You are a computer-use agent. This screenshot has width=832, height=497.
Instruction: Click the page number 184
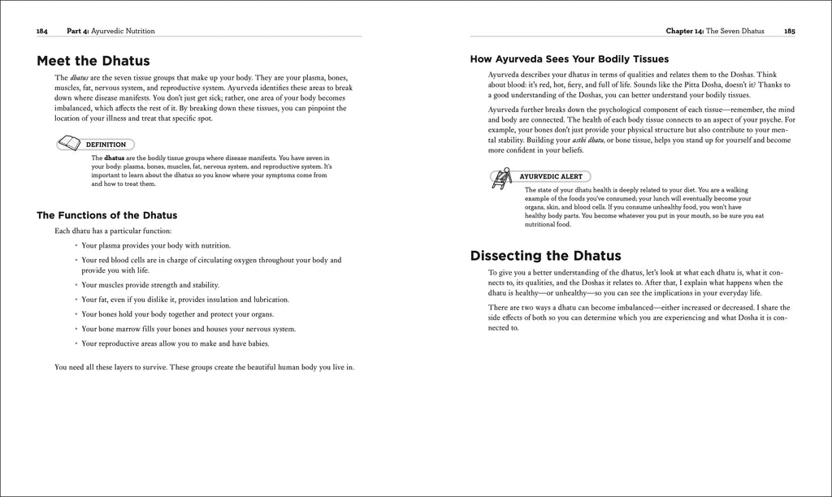[x=42, y=31]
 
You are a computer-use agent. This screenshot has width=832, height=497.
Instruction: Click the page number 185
[x=789, y=31]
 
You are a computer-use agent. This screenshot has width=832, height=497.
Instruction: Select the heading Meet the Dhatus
[x=93, y=61]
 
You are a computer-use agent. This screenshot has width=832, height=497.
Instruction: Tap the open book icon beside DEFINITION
[x=71, y=144]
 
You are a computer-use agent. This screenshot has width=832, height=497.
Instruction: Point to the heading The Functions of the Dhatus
[x=107, y=215]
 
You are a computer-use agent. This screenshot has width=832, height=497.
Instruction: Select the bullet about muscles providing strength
[x=150, y=285]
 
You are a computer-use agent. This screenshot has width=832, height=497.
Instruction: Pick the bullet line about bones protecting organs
[x=177, y=314]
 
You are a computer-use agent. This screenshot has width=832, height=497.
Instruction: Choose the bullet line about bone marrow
[x=188, y=329]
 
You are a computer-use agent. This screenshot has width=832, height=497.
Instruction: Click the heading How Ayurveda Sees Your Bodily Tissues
[x=570, y=58]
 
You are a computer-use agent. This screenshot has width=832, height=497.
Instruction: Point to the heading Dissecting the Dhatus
[x=545, y=256]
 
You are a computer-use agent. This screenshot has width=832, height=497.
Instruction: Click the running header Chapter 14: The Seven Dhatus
[x=715, y=31]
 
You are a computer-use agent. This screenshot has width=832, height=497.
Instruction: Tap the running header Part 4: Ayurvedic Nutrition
[x=110, y=31]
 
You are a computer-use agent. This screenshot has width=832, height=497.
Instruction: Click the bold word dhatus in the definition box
[x=114, y=158]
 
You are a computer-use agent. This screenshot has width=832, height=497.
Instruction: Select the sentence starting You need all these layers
[x=204, y=367]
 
